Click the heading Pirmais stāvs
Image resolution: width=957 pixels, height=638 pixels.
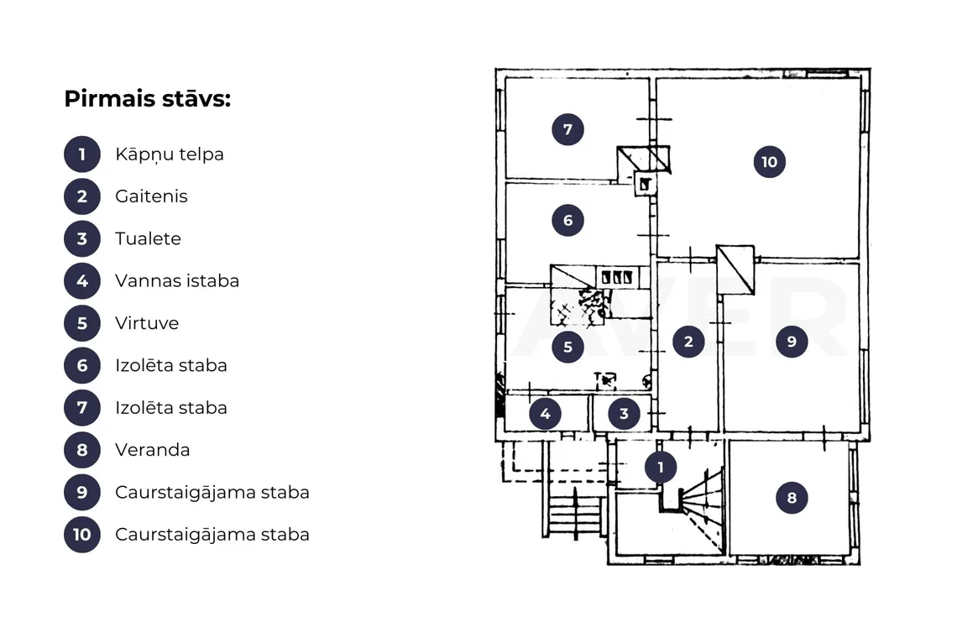147,98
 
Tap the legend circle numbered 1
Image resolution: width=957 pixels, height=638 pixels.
81,154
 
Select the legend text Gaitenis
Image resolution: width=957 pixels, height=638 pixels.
151,196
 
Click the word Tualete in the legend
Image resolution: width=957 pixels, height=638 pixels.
149,238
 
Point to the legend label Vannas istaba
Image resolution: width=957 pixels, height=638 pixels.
177,281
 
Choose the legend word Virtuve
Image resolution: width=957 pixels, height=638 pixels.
147,323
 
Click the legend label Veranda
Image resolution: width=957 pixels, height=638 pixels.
153,450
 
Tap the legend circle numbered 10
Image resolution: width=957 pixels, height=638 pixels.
81,534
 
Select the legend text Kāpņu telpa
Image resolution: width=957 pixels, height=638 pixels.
170,154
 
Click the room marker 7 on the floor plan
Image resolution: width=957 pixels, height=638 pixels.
567,128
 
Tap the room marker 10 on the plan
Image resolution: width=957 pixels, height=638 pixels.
769,162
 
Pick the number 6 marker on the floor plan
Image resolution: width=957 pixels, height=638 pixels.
567,220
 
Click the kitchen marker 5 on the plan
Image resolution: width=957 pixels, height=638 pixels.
567,347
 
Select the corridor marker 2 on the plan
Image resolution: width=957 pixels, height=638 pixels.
688,342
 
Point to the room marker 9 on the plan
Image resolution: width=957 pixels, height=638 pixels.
792,342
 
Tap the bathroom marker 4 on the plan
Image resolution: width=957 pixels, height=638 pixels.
545,414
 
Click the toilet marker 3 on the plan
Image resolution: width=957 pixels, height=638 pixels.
624,413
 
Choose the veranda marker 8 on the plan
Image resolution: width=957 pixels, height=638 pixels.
792,498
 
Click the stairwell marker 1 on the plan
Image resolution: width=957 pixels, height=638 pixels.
661,467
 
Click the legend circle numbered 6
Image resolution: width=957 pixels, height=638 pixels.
81,365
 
